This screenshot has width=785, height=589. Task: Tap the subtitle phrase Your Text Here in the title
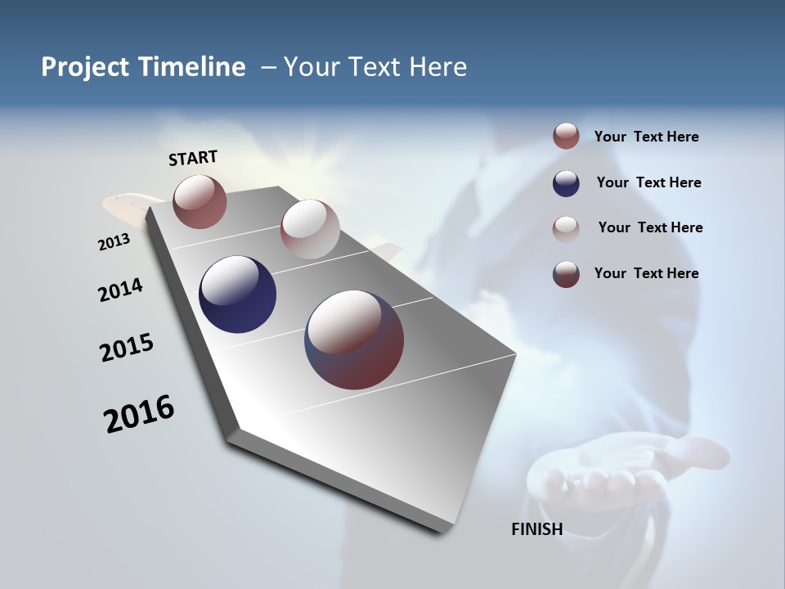tap(375, 67)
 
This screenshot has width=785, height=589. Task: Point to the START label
tap(193, 158)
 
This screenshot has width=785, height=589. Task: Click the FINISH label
tap(536, 529)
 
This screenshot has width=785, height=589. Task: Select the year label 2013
tap(114, 242)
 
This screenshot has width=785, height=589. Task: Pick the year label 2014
tap(120, 290)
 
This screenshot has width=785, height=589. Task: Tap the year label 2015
tap(126, 348)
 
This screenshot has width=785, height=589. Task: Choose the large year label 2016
tap(139, 414)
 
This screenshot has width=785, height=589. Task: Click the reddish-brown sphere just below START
tap(200, 201)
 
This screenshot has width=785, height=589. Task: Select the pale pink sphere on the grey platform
tap(310, 229)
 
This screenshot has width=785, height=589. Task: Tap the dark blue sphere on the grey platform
tap(237, 294)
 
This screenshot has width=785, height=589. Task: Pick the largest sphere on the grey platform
tap(354, 339)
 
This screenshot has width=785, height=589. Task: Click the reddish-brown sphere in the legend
tap(566, 137)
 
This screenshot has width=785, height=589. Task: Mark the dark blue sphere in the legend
tap(566, 183)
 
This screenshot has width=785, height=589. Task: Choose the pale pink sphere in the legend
tap(566, 228)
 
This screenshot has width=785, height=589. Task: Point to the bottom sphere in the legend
tap(566, 274)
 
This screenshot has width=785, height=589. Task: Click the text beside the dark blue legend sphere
tap(648, 182)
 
